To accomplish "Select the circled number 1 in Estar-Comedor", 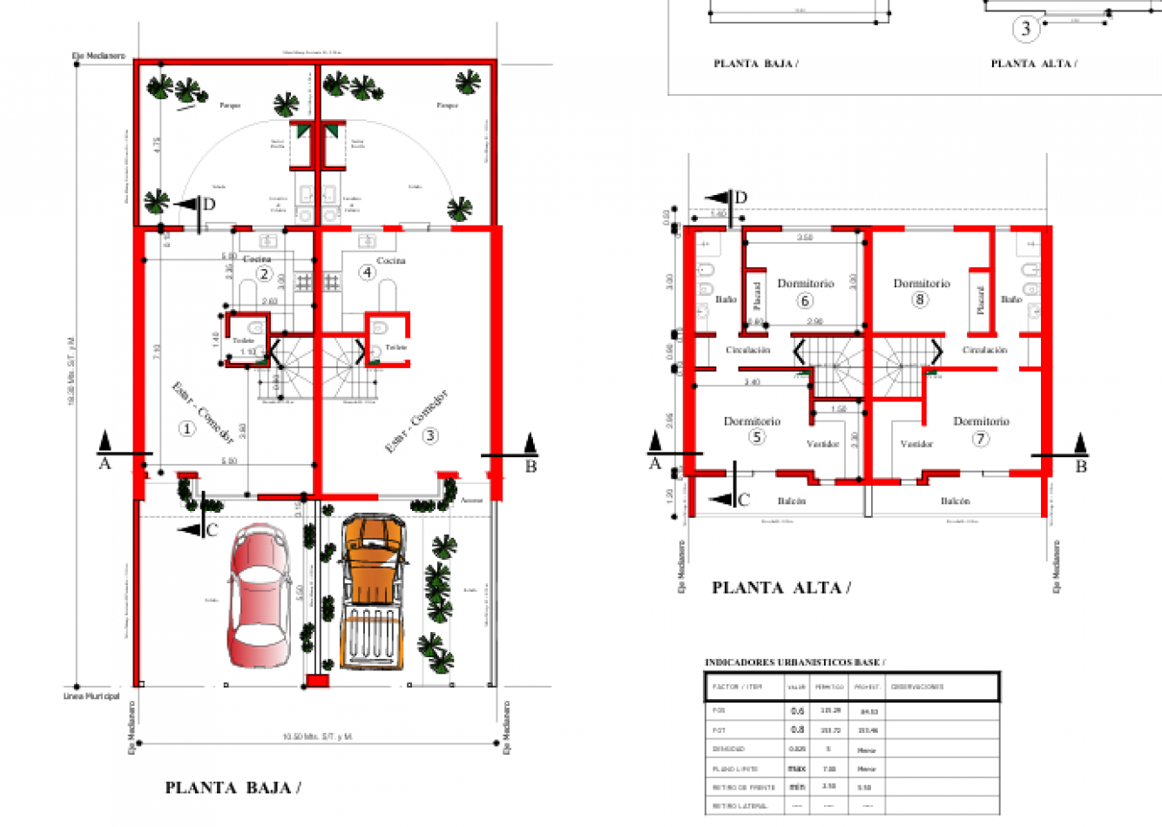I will (x=186, y=428).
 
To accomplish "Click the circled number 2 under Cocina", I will (x=264, y=273).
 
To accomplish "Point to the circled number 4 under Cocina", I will (x=367, y=272).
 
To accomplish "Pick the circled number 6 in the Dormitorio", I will (x=805, y=300).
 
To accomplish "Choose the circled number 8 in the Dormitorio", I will (x=920, y=299).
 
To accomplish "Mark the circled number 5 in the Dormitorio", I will (x=756, y=437).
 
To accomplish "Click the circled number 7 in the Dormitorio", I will (x=981, y=438).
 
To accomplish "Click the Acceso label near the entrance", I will (x=471, y=501).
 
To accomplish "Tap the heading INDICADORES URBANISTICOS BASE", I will (x=794, y=662).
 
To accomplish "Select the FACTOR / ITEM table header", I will (x=737, y=687).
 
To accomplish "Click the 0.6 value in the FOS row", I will (x=797, y=711).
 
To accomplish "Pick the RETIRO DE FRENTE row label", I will (x=743, y=787).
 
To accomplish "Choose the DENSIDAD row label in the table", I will (x=728, y=749).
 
